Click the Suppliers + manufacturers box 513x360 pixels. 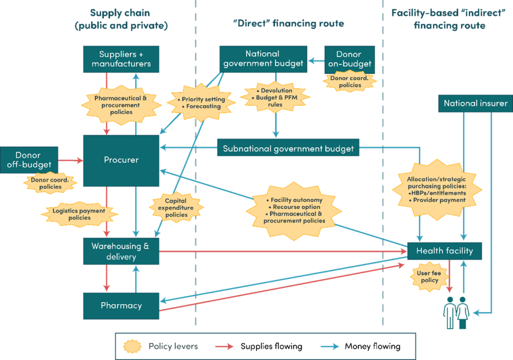tap(121, 59)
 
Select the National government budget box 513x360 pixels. tap(263, 59)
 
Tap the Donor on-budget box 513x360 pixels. tap(349, 59)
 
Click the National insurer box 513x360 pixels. tap(476, 104)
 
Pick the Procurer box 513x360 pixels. tap(121, 161)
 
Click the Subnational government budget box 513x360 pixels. tap(288, 149)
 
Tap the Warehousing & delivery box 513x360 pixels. tap(121, 251)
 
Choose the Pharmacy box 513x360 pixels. tap(121, 305)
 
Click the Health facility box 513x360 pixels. tap(444, 251)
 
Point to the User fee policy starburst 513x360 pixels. tap(429, 277)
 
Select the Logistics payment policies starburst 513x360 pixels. tap(79, 214)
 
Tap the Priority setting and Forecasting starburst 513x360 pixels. tap(201, 103)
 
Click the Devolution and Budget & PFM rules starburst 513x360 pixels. tap(276, 98)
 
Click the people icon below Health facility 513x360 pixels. tap(456, 312)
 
